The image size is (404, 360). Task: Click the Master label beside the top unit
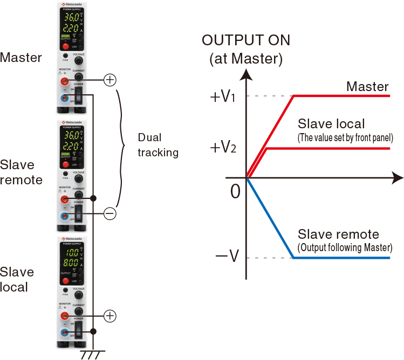point(21,57)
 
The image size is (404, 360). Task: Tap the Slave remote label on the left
point(21,172)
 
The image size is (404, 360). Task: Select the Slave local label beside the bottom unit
point(17,279)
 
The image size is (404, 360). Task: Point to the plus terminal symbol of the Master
point(109,80)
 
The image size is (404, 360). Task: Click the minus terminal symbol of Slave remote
point(109,214)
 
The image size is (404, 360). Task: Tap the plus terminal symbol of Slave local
point(109,315)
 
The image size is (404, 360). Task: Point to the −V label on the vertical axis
point(227,258)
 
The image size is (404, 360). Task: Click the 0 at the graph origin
point(235,190)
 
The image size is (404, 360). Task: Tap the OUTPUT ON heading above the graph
point(245,40)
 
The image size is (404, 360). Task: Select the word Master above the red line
point(367,86)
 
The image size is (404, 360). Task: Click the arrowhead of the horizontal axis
point(398,177)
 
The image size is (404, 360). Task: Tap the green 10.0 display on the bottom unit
point(73,253)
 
